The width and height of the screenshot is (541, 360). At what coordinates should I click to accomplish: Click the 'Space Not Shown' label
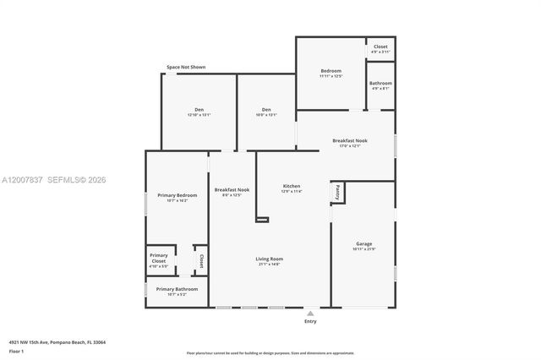click(185, 67)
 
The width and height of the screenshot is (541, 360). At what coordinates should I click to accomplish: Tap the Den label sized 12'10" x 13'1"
click(199, 109)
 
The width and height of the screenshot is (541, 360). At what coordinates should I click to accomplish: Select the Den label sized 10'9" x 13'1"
click(266, 109)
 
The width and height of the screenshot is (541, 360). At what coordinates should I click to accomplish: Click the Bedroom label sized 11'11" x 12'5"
click(331, 71)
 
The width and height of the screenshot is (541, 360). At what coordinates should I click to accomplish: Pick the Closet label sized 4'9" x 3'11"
click(380, 47)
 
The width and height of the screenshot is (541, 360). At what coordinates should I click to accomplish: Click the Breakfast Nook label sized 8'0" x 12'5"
click(232, 190)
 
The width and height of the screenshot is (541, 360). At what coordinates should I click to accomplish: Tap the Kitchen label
click(291, 186)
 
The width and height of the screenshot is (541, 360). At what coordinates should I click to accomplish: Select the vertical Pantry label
click(337, 192)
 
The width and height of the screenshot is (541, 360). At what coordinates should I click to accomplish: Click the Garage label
click(363, 243)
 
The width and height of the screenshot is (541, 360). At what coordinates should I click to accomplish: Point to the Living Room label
click(270, 259)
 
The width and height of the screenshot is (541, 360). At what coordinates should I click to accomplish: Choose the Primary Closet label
click(159, 258)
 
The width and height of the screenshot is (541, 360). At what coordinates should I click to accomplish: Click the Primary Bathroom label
click(177, 289)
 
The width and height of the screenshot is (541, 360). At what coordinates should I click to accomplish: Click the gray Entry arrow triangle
click(310, 313)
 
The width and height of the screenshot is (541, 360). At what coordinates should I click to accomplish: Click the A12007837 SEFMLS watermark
click(54, 180)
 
